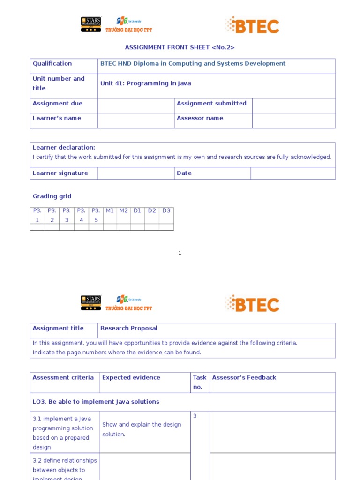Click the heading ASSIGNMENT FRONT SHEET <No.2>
click(x=180, y=47)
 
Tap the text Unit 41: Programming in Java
click(x=146, y=83)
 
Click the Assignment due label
click(x=57, y=104)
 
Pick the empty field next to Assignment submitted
click(x=293, y=105)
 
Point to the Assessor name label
click(x=200, y=118)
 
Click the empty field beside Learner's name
click(x=135, y=120)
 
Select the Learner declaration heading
click(x=64, y=147)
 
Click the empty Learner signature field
click(x=135, y=173)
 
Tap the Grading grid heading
click(x=52, y=196)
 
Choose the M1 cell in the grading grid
click(x=110, y=211)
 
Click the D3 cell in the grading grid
click(x=166, y=211)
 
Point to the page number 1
click(x=180, y=253)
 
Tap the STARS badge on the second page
click(x=91, y=303)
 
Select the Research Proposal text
click(x=129, y=328)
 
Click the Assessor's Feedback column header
click(x=244, y=377)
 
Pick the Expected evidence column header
click(x=131, y=377)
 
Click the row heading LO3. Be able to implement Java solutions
click(x=96, y=402)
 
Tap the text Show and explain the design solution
click(x=142, y=429)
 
